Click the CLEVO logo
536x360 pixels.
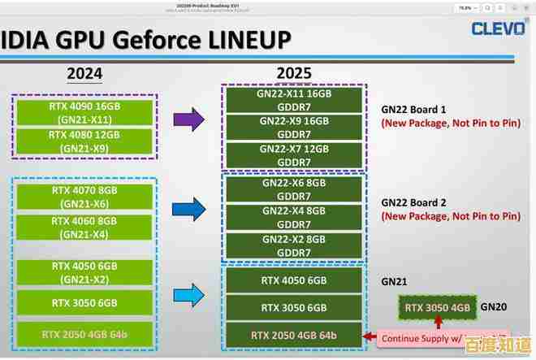tap(497, 29)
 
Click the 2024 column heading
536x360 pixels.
tap(84, 74)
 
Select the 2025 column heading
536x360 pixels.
tap(293, 74)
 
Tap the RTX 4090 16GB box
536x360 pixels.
tap(84, 111)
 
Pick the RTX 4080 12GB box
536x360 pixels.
tap(84, 143)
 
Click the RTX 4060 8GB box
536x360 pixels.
tap(84, 228)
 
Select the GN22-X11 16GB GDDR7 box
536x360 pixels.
tap(294, 100)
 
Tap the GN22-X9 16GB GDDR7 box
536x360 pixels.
tap(294, 127)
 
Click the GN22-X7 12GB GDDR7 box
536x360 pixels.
tap(294, 155)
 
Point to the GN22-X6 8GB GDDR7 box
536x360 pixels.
tap(294, 190)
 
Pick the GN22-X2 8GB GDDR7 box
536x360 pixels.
tap(294, 245)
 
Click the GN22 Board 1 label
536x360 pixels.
tap(414, 109)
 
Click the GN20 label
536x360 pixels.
tap(494, 307)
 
